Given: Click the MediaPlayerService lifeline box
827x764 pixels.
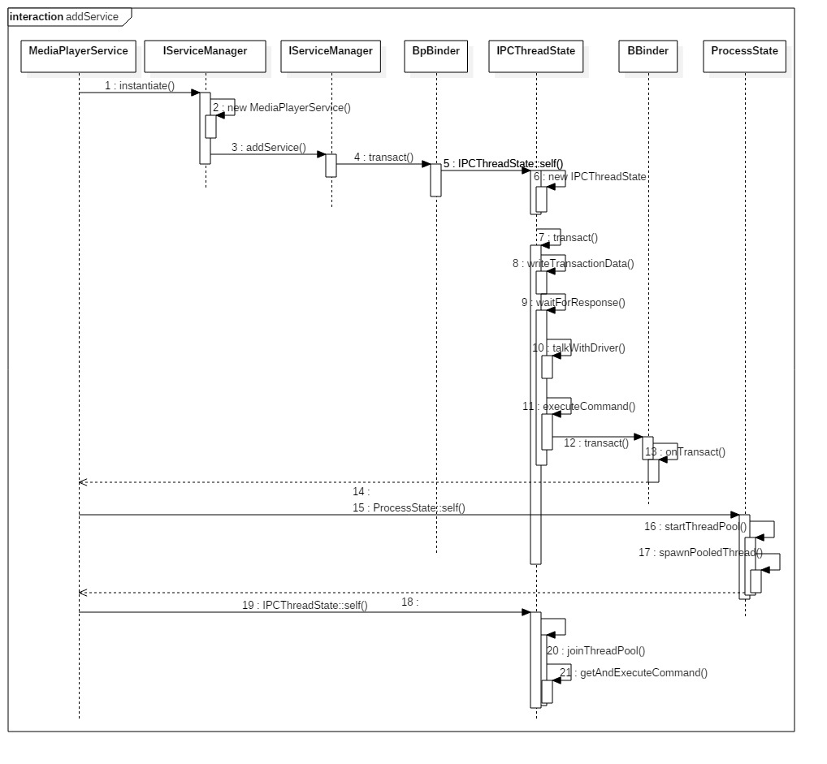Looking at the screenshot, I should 78,51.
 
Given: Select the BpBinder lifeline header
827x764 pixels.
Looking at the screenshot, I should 435,51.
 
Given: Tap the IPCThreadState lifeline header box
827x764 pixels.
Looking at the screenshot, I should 536,51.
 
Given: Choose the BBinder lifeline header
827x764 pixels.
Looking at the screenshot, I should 647,51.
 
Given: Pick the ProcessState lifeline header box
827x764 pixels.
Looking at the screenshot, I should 744,51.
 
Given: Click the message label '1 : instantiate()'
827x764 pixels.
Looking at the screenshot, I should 140,85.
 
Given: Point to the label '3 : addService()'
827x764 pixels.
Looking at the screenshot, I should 268,148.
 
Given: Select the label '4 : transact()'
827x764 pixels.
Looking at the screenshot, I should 383,158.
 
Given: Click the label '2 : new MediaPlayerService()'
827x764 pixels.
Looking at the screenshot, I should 281,107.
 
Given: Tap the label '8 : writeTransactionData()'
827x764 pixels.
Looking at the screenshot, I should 573,263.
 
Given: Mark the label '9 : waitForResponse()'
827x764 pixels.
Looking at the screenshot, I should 574,302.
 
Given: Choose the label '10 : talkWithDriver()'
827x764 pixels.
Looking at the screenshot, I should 578,347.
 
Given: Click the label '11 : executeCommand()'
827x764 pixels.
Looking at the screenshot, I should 579,406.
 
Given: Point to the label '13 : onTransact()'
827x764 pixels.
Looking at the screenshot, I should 685,452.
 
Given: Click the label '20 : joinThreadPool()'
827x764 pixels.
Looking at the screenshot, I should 595,650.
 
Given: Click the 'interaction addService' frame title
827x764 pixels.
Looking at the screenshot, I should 64,16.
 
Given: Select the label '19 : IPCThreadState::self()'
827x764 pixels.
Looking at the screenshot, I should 305,605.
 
